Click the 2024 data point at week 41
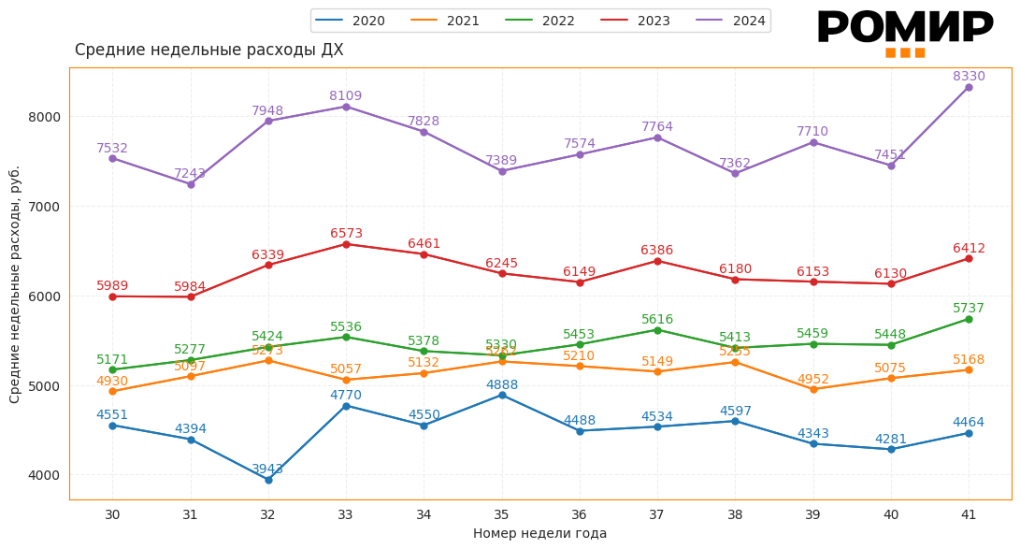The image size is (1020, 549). tap(969, 88)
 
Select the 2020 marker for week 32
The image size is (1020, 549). tap(268, 480)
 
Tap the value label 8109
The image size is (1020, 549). tap(345, 96)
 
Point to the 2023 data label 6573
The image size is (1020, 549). tap(346, 234)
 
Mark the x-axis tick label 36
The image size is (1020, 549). tap(580, 514)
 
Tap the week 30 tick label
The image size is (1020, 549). tap(112, 514)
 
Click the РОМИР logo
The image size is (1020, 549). tap(904, 33)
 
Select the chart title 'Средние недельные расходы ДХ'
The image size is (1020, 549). tap(208, 51)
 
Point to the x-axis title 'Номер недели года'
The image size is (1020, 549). tap(539, 534)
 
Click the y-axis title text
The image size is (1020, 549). tap(15, 284)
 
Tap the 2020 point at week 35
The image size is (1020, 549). tap(502, 396)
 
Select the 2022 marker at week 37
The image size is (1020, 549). tap(657, 330)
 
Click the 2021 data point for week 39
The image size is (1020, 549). tap(813, 389)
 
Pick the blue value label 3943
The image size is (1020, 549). tap(267, 470)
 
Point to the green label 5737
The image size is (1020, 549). tap(969, 309)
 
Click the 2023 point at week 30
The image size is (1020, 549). tap(112, 296)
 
